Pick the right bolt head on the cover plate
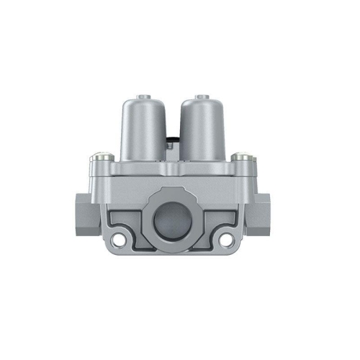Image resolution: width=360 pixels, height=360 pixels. [x=239, y=157]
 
